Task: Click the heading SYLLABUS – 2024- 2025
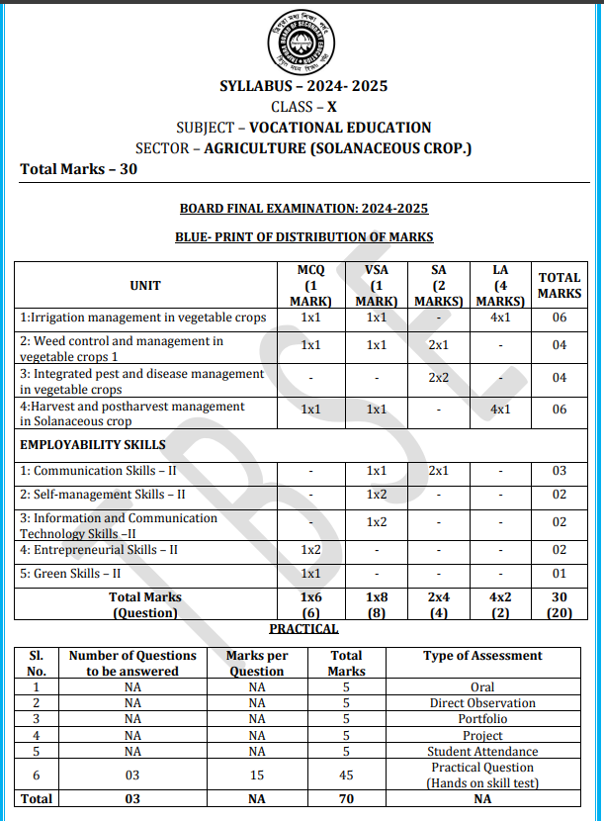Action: point(303,86)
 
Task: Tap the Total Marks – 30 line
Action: point(79,169)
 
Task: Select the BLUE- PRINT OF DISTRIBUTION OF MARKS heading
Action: point(303,237)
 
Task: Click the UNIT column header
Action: point(144,286)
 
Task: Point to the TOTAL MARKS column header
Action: point(560,286)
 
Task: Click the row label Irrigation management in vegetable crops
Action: point(143,318)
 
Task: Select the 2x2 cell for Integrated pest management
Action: point(439,379)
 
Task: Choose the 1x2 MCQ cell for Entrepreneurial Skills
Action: point(311,549)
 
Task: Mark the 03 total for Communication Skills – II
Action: point(560,471)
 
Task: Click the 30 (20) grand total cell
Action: point(560,605)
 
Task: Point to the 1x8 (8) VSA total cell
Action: point(377,605)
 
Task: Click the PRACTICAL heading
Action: point(303,629)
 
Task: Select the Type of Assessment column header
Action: point(482,656)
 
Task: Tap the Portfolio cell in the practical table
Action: point(482,719)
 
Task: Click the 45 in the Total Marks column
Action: point(347,775)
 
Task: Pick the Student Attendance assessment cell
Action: point(482,752)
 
